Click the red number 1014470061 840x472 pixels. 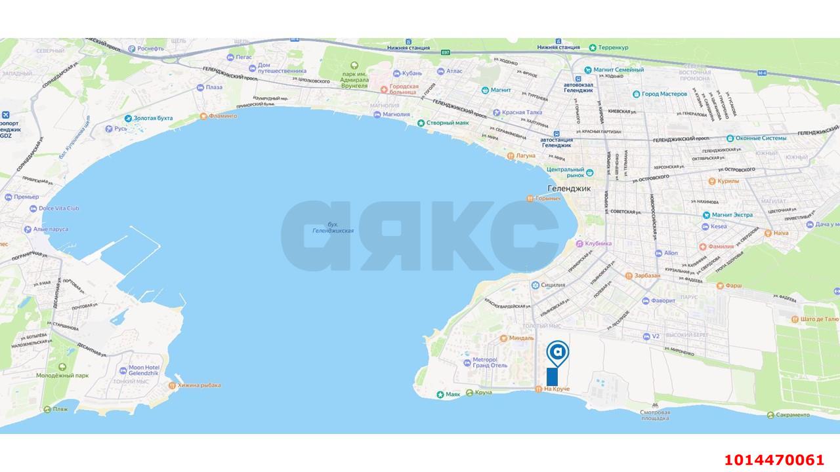tap(774, 460)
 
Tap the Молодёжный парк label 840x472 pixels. tap(62, 376)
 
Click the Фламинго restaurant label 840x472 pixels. tap(223, 116)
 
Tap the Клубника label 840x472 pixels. tap(598, 243)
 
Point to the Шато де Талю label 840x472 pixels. tap(817, 319)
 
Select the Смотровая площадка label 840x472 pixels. tap(655, 415)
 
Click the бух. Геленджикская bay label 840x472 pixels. tap(333, 227)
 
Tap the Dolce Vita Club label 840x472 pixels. tap(59, 208)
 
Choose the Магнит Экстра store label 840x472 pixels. tap(732, 214)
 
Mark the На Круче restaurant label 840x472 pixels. tap(556, 389)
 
